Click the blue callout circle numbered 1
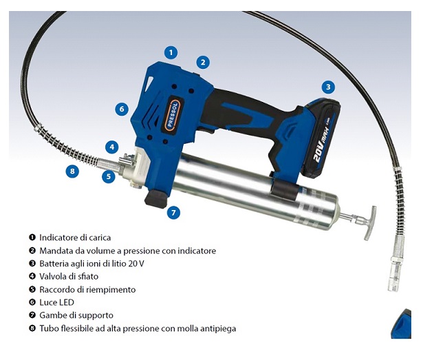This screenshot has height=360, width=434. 171,52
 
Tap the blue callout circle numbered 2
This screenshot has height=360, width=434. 203,63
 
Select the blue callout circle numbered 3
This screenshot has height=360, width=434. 328,87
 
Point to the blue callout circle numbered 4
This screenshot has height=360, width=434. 112,147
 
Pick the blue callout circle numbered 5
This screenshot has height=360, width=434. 109,176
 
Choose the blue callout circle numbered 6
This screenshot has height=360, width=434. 122,109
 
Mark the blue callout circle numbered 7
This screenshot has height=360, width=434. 173,213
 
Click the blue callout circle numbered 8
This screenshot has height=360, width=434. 72,171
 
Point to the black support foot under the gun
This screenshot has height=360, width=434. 156,198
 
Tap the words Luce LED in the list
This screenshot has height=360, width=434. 56,302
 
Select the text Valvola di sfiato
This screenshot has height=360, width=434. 69,277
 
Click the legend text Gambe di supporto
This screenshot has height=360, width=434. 76,315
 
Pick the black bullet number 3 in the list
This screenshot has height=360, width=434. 32,264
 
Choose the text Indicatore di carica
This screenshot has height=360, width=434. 75,237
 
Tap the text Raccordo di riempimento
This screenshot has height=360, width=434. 87,289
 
